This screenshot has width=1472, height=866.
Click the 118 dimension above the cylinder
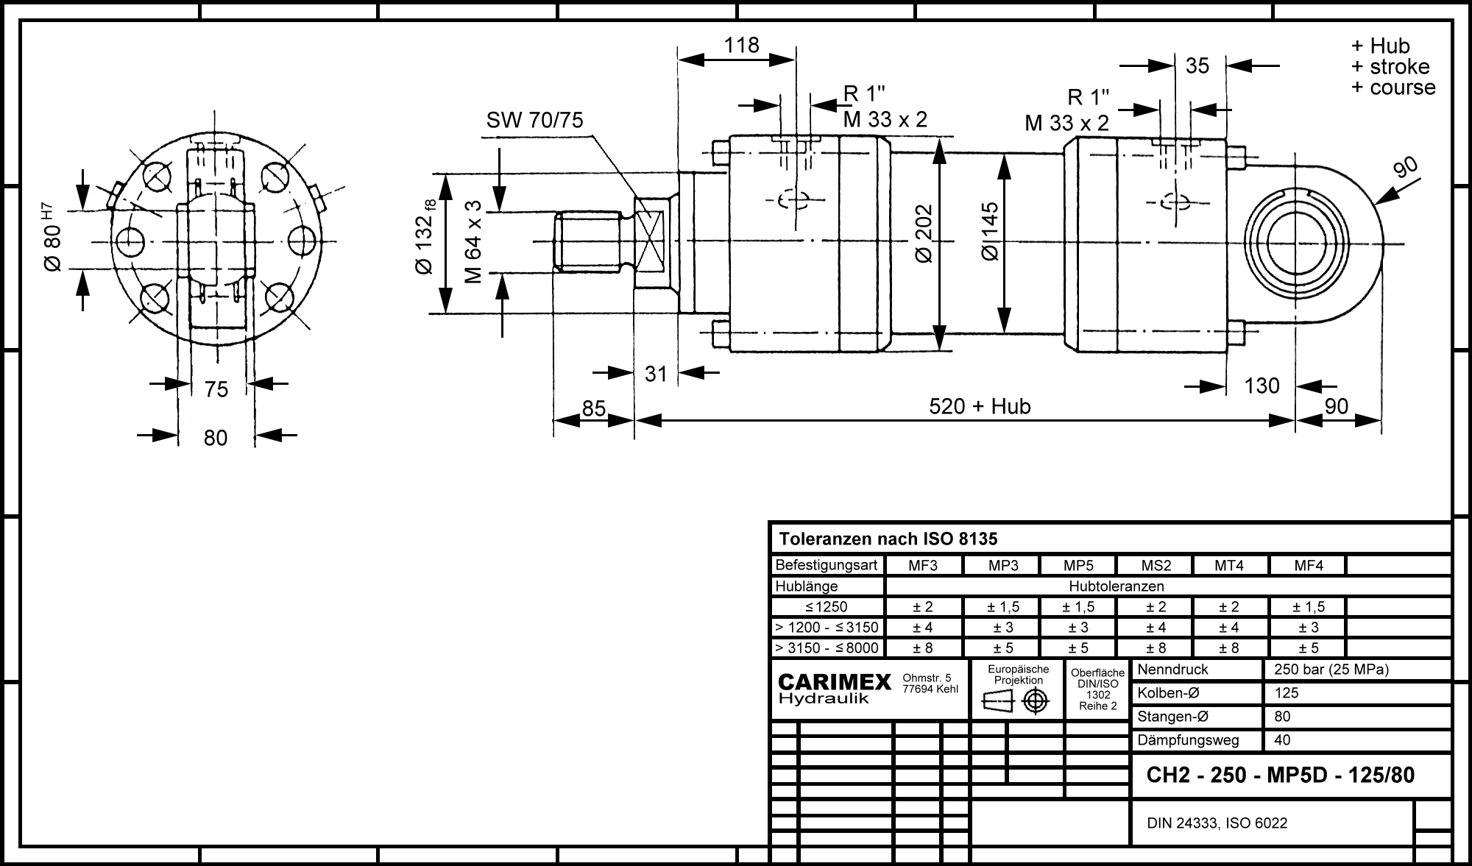click(x=741, y=46)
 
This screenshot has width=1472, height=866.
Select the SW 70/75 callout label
click(x=534, y=120)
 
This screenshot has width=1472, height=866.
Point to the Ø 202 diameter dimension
click(x=924, y=233)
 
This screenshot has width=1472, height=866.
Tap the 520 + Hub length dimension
click(x=980, y=406)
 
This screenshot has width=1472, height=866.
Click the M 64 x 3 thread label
click(x=474, y=241)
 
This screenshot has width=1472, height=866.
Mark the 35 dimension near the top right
click(x=1197, y=66)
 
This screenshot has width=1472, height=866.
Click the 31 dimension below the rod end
click(x=656, y=374)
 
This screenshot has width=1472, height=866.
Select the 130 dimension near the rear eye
click(x=1262, y=386)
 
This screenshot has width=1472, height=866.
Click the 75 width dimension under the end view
click(x=216, y=389)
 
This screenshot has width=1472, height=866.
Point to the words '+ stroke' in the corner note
click(x=1390, y=67)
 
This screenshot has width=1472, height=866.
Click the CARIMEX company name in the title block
click(x=835, y=682)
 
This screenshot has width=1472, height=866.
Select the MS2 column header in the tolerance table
click(x=1156, y=566)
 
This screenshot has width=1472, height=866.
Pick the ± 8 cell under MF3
click(x=923, y=648)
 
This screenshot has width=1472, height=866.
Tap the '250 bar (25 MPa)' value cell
click(x=1331, y=670)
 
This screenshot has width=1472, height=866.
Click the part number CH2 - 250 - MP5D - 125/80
click(x=1281, y=776)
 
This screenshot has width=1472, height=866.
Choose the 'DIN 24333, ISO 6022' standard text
click(x=1217, y=823)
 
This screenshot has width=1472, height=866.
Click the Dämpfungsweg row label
click(x=1188, y=740)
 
